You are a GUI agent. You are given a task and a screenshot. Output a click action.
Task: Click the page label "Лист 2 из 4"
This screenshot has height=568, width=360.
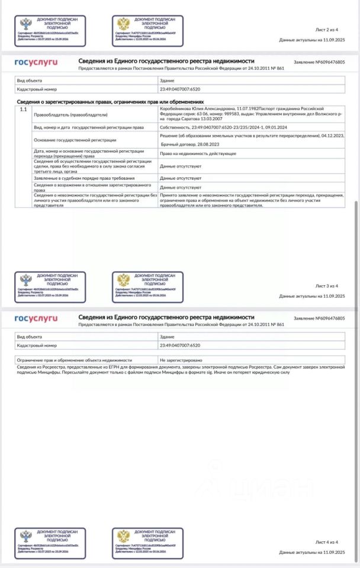pyautogui.click(x=326, y=29)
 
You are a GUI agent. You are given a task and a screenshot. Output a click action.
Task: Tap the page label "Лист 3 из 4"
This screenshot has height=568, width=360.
pyautogui.click(x=326, y=286)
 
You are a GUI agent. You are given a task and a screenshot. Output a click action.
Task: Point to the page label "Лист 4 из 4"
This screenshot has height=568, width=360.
pyautogui.click(x=326, y=541)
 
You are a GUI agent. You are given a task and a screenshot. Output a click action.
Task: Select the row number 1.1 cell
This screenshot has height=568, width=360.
pyautogui.click(x=24, y=110)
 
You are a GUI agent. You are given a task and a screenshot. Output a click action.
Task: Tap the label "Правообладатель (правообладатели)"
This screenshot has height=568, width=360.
pyautogui.click(x=62, y=115)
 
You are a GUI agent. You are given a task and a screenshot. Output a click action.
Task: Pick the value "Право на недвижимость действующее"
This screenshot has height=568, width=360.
pyautogui.click(x=198, y=153)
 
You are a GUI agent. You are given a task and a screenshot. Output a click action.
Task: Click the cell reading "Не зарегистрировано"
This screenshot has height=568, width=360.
pyautogui.click(x=181, y=359)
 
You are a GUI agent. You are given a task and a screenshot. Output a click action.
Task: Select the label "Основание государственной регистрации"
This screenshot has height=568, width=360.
pyautogui.click(x=75, y=140)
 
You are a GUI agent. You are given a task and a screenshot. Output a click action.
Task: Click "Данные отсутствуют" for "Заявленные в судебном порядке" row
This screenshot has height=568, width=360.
pyautogui.click(x=180, y=177)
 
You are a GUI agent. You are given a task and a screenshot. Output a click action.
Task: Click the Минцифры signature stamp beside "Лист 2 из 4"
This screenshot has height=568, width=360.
pyautogui.click(x=147, y=31)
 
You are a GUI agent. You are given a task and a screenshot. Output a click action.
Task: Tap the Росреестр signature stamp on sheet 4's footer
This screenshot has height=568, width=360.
pyautogui.click(x=50, y=543)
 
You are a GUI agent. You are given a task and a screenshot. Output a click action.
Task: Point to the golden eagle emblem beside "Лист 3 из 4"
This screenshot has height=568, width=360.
pyautogui.click(x=123, y=280)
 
